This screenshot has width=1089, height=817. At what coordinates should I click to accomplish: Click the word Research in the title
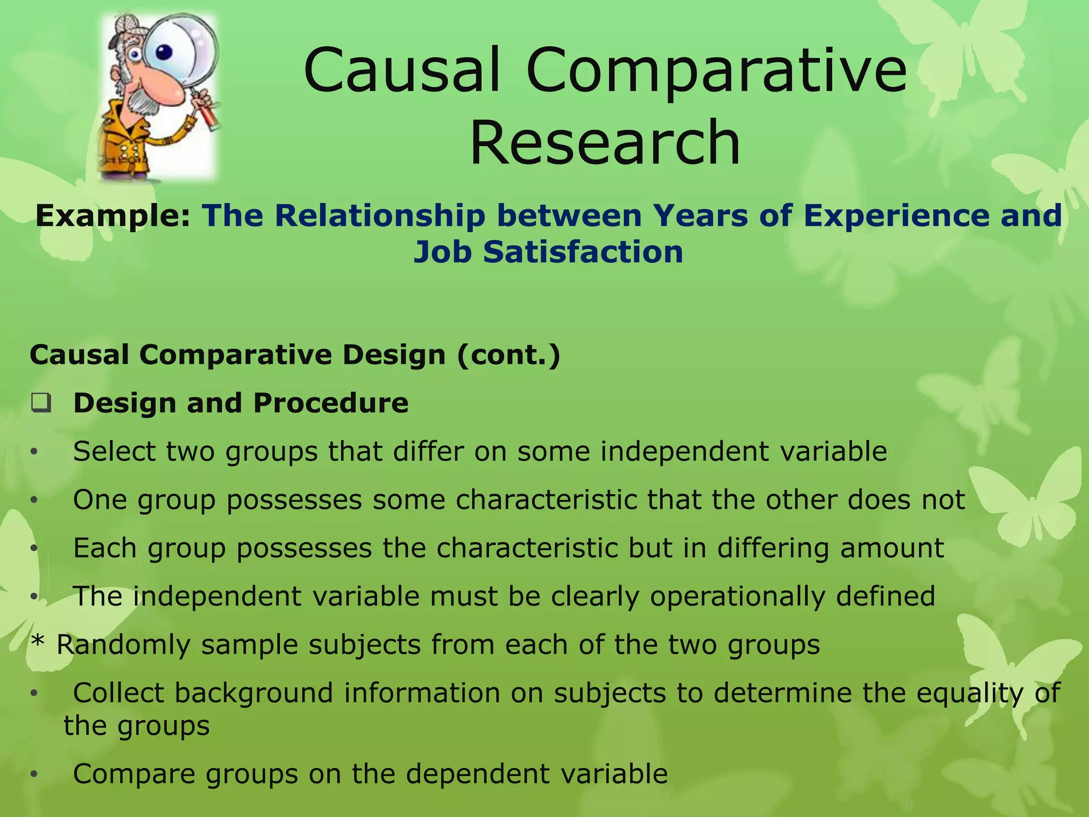pos(605,143)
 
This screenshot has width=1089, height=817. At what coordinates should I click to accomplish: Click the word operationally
pos(737,596)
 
